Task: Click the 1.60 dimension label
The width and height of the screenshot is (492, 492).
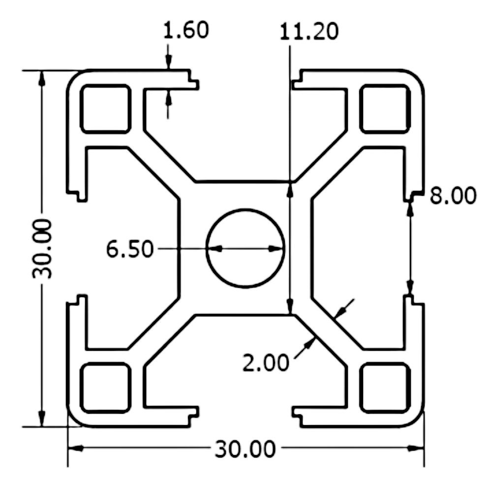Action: click(x=185, y=31)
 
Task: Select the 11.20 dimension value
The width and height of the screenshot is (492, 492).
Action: click(x=308, y=31)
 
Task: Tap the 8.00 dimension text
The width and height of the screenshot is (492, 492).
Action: click(x=453, y=196)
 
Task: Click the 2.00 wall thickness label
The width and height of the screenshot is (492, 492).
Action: click(x=265, y=363)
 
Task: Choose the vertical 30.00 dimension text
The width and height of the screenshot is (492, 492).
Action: click(x=43, y=249)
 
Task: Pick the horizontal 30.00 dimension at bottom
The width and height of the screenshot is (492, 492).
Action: click(x=245, y=449)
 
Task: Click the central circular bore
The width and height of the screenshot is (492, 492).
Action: click(x=245, y=248)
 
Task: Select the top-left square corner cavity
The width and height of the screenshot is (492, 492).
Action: click(x=106, y=109)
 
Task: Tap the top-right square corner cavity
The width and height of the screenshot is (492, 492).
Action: click(x=385, y=109)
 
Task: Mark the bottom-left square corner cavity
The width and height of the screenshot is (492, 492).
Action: click(x=106, y=388)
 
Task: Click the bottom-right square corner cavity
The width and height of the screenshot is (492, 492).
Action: click(x=385, y=388)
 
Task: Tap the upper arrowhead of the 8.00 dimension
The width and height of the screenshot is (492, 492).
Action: click(x=409, y=209)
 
